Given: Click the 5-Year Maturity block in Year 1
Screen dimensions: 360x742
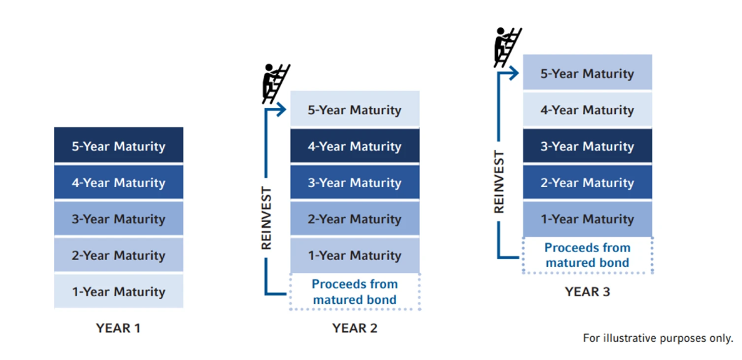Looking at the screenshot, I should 118,146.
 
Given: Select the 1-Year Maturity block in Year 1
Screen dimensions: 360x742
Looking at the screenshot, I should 118,291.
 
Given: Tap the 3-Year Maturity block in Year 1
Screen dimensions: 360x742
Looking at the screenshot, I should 118,219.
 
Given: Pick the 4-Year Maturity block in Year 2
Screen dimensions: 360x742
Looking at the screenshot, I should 355,146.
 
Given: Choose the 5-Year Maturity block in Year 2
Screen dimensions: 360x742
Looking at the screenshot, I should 355,109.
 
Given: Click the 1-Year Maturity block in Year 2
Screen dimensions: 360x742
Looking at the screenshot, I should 355,255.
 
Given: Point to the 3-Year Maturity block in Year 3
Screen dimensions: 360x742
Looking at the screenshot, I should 587,146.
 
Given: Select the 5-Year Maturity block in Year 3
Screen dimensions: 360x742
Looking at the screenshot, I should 587,73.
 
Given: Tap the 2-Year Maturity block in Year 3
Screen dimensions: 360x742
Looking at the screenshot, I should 587,182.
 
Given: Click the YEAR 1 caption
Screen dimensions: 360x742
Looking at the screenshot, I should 118,328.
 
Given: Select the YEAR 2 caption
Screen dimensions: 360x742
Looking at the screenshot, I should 355,328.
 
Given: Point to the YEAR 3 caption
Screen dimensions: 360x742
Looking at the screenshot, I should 587,291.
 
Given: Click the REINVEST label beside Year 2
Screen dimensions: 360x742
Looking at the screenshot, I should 266,218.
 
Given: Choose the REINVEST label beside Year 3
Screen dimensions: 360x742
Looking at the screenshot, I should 499,181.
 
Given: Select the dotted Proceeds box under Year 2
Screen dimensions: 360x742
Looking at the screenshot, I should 355,291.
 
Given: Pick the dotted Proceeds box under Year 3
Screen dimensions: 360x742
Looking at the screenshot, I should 587,255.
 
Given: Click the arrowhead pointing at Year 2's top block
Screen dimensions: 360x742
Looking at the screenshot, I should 282,109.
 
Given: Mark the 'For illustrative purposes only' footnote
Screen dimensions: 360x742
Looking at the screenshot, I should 657,338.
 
